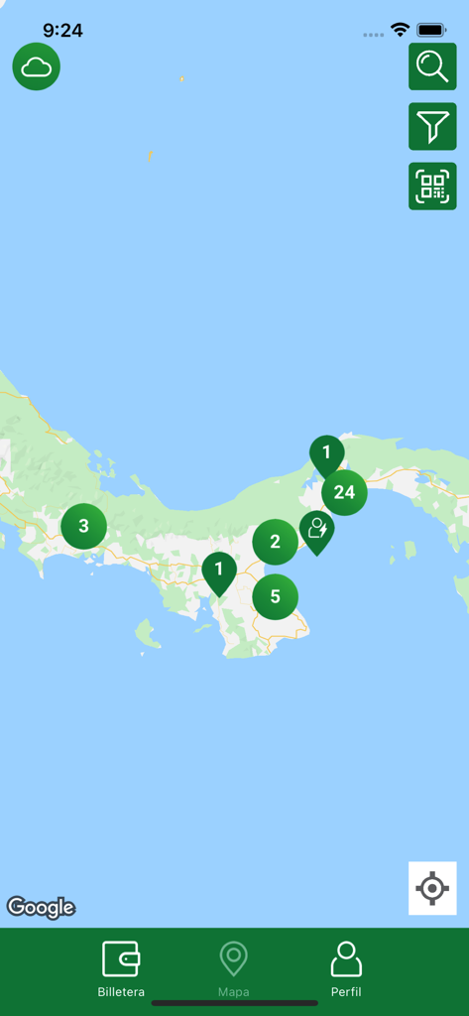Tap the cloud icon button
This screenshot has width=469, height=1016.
tap(37, 67)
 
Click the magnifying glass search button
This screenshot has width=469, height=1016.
tap(432, 66)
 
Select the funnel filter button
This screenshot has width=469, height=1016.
tap(432, 126)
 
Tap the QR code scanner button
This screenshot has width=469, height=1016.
tap(432, 187)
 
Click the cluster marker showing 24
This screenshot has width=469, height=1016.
tap(344, 493)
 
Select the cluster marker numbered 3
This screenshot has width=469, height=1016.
tap(83, 526)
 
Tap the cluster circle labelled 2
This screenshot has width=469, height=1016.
tap(275, 542)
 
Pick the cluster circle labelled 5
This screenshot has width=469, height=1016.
tap(275, 597)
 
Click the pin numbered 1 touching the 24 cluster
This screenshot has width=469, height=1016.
tap(325, 453)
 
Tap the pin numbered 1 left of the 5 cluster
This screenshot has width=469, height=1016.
tap(219, 571)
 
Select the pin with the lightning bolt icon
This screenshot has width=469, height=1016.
tap(317, 530)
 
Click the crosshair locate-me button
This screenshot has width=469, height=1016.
tap(432, 888)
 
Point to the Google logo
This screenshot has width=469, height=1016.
tap(42, 907)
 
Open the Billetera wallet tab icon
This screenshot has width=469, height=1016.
tap(121, 958)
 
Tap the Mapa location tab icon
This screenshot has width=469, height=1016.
tap(234, 958)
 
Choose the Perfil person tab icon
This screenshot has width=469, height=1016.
tap(346, 958)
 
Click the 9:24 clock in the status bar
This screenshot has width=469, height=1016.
tap(62, 31)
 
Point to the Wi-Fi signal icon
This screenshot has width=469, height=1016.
tap(400, 30)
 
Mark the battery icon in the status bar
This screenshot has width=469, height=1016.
tap(431, 30)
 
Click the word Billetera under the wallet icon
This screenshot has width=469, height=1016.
tap(121, 992)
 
